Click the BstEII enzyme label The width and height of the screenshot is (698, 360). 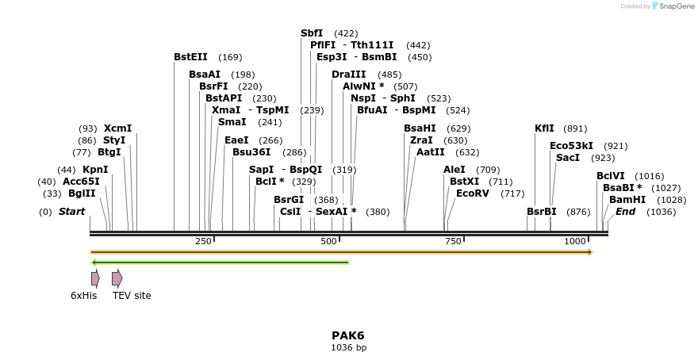pyautogui.click(x=190, y=57)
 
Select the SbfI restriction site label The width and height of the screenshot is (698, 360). pyautogui.click(x=312, y=33)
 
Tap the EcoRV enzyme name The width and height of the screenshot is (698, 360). pyautogui.click(x=473, y=193)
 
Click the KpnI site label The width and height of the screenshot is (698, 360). pyautogui.click(x=95, y=170)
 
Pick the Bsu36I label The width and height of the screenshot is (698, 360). pyautogui.click(x=251, y=152)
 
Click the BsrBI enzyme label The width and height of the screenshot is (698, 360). pyautogui.click(x=542, y=212)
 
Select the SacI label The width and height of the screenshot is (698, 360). pyautogui.click(x=568, y=158)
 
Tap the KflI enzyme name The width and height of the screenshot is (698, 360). pyautogui.click(x=545, y=128)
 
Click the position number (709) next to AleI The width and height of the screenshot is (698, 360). pyautogui.click(x=488, y=170)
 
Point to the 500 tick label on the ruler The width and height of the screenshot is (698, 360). pyautogui.click(x=328, y=241)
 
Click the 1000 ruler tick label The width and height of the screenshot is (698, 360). pyautogui.click(x=575, y=241)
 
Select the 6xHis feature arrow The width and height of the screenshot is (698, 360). pyautogui.click(x=95, y=278)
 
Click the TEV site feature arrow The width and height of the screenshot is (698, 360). pyautogui.click(x=117, y=278)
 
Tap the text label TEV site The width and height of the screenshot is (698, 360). pyautogui.click(x=132, y=296)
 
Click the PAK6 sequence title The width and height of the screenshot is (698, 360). pyautogui.click(x=348, y=335)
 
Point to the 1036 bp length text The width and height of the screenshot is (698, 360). pyautogui.click(x=348, y=347)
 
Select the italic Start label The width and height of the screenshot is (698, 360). pyautogui.click(x=71, y=212)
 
